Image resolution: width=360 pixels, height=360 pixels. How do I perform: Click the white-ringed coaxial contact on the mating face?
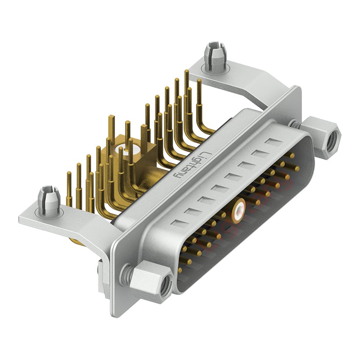(x=237, y=209)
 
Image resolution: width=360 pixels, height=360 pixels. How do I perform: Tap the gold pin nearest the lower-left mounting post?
(x=69, y=189)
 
